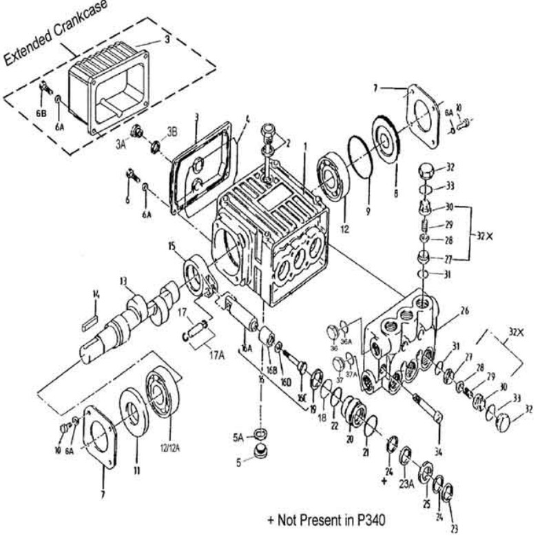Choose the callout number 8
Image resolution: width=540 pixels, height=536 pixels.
point(395,195)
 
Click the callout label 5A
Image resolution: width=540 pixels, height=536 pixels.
point(237,435)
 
